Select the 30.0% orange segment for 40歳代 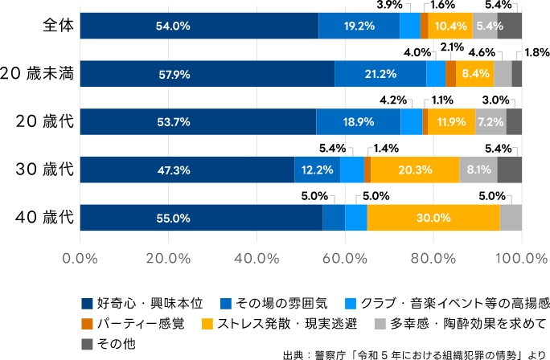point(433,218)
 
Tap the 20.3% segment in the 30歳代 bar point(415,170)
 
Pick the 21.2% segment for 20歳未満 point(380,74)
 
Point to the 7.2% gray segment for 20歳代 point(490,122)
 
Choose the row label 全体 point(58,26)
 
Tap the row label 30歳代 point(45,170)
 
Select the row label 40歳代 point(45,218)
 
